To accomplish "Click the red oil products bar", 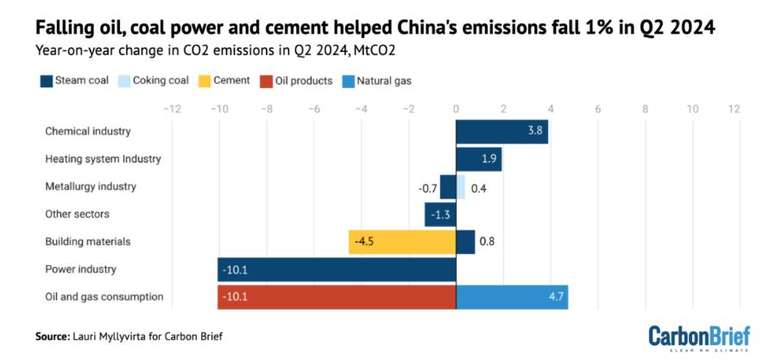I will (x=337, y=297).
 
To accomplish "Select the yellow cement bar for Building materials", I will (x=402, y=242).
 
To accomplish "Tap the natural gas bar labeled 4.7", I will (x=511, y=297).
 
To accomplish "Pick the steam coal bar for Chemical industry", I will (x=502, y=132).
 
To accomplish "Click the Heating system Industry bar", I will (x=478, y=160).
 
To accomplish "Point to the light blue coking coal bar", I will (x=460, y=186).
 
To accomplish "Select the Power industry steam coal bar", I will (x=337, y=269).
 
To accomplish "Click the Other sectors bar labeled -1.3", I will (x=440, y=214).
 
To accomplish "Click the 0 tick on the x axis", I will (x=456, y=110).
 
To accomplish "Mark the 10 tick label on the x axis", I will (x=692, y=110).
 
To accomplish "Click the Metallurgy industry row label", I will (x=91, y=186).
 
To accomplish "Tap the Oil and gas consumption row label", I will (x=104, y=297).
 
